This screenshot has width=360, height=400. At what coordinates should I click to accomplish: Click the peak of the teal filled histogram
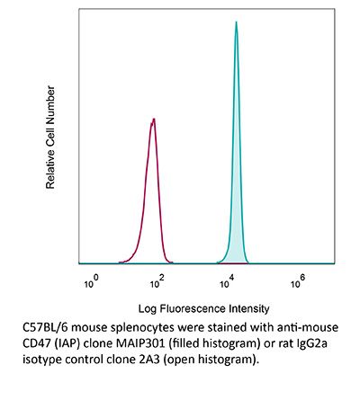point(236,23)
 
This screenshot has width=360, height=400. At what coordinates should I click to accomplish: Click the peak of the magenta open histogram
point(155,120)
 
